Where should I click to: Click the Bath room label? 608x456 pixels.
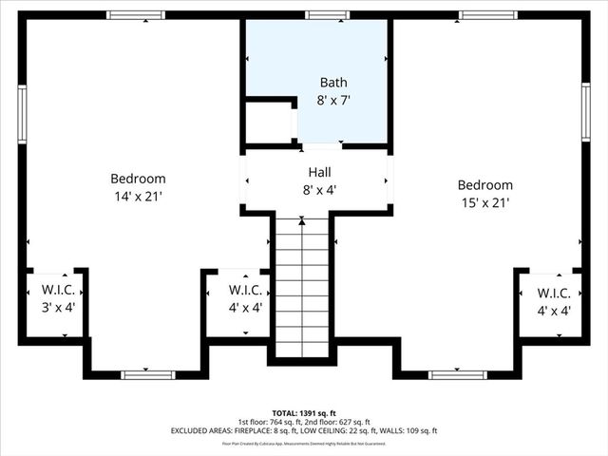pos(334,83)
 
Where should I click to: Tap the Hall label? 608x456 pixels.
pos(319,172)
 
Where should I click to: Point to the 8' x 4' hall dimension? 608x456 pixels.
pos(319,189)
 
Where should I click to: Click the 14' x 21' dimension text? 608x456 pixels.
pos(138,196)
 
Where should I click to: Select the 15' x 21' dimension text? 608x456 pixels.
pos(484,202)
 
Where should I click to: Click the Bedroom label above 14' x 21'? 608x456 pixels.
pos(138,179)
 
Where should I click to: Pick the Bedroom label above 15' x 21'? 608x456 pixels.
pos(484,185)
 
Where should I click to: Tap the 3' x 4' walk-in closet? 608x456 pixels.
pos(51,300)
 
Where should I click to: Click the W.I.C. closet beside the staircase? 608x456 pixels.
pos(245,300)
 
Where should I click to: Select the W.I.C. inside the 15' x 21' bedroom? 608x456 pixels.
pos(553,301)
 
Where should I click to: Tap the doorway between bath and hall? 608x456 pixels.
pos(321,146)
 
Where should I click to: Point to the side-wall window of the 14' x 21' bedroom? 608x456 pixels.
pos(21,113)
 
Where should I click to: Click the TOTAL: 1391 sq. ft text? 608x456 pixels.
pos(304,412)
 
